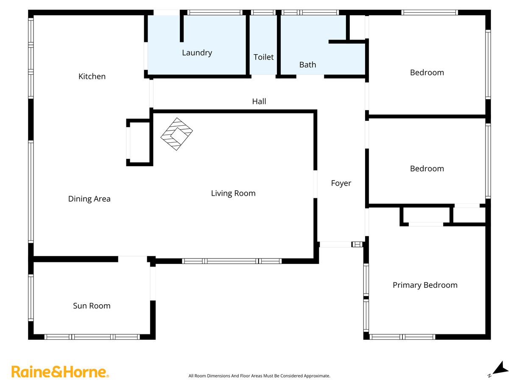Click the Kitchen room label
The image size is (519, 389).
coord(92,76)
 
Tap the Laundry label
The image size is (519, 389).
coord(197,53)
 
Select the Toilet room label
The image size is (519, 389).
coord(264,57)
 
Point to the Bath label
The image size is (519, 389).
coord(307,64)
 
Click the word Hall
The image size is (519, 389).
coord(259,101)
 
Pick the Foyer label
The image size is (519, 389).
coord(341,183)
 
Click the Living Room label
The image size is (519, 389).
coord(233,193)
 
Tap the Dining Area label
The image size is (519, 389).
coord(89,199)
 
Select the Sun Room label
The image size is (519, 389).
coord(92,306)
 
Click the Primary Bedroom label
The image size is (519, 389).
coord(425,285)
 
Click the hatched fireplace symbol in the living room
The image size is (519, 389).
coord(176,134)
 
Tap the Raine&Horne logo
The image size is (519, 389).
coord(60,372)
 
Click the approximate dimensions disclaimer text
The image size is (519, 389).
coord(259,376)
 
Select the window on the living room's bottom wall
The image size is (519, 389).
coord(232,261)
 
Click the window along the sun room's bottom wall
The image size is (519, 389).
coord(92,337)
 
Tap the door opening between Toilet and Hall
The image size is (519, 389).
coord(264,76)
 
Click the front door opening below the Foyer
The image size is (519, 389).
coord(335,245)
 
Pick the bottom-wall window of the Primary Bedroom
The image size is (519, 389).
coord(402,337)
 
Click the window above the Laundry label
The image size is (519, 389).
coord(215,12)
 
